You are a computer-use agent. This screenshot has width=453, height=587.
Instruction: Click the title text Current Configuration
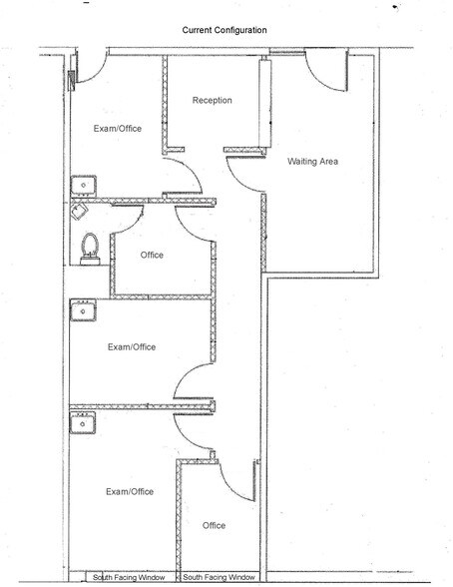225,31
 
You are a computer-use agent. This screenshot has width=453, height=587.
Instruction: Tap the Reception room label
212,101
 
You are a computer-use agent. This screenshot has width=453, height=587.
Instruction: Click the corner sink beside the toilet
79,211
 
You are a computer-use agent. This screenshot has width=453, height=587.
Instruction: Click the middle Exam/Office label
133,346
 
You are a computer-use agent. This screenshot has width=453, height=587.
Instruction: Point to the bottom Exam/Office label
130,491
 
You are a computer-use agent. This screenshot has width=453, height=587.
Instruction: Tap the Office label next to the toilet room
152,256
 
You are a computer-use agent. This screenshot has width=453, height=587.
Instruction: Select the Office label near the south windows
214,525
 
